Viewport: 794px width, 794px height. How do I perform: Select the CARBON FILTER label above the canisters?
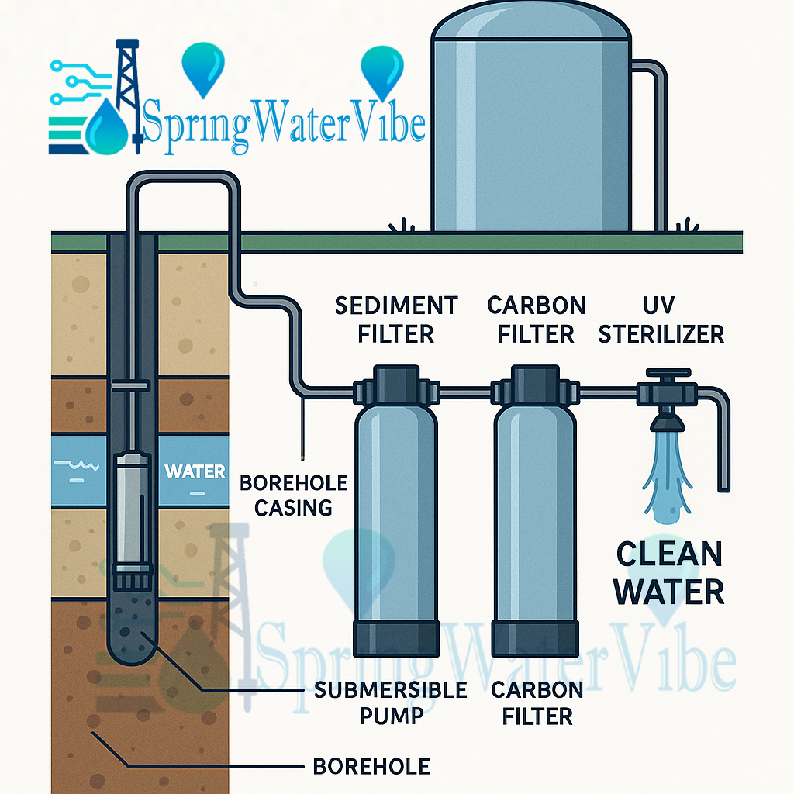pos(536,319)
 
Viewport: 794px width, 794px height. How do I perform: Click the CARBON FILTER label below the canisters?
pos(537,703)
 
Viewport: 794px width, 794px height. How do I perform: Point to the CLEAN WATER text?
pos(669,574)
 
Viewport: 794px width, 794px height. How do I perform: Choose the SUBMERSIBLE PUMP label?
pos(391,703)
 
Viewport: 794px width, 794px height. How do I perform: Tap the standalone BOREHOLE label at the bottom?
pos(371,767)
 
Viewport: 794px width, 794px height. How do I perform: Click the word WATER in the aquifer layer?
pos(195,471)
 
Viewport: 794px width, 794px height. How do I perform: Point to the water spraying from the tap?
pos(665,473)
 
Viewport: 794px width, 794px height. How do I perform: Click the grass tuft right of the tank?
pos(685,225)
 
